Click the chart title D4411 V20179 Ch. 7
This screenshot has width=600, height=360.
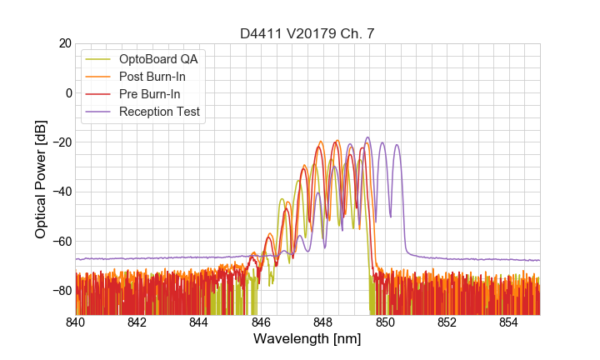click(x=307, y=33)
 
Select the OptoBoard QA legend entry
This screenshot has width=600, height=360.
click(x=158, y=59)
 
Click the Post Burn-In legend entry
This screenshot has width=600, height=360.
click(x=152, y=77)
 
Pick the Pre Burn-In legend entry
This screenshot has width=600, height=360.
click(x=150, y=94)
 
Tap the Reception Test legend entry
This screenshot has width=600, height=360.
click(x=159, y=112)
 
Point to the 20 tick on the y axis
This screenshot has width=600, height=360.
click(x=64, y=43)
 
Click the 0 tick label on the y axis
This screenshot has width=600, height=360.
click(x=67, y=92)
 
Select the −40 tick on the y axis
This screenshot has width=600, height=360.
click(x=61, y=192)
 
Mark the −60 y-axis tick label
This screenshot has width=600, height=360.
click(x=61, y=241)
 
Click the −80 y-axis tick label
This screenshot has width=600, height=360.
click(x=61, y=290)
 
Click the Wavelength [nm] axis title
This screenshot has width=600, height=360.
click(x=307, y=340)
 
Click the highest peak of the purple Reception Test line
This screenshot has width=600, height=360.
click(x=367, y=137)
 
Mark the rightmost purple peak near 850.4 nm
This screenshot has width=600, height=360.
click(x=397, y=145)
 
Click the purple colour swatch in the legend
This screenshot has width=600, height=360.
click(x=99, y=112)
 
